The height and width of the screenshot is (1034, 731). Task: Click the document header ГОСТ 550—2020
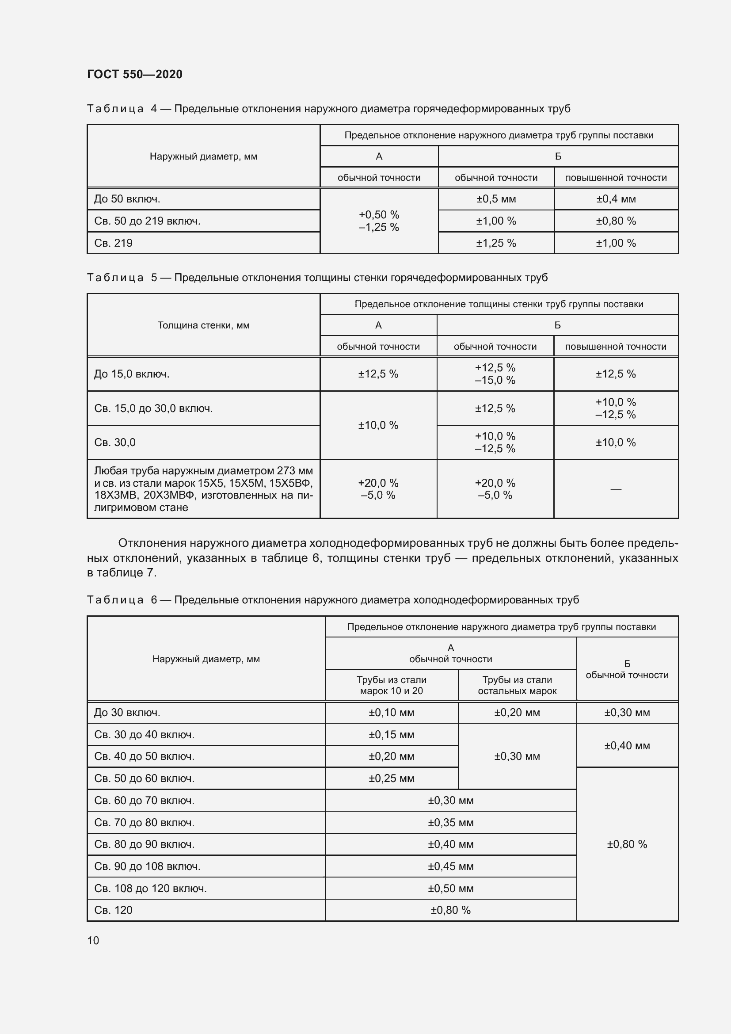(x=135, y=74)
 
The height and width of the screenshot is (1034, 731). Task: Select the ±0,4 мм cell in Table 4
(x=616, y=199)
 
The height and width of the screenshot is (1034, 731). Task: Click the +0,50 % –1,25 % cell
(x=379, y=221)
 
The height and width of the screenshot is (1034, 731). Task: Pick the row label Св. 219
(x=114, y=243)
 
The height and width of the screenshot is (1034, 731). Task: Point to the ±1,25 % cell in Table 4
(x=495, y=243)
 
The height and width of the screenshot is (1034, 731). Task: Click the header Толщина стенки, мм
(x=203, y=325)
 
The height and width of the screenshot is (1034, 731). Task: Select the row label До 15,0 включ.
(x=131, y=374)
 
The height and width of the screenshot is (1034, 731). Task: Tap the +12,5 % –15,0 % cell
(x=495, y=374)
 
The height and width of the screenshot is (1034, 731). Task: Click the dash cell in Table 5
(x=615, y=489)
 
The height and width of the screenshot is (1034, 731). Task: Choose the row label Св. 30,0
(x=115, y=442)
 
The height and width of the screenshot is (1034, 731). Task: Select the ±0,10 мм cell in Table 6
(x=391, y=713)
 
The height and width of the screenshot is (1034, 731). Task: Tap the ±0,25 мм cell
(x=391, y=778)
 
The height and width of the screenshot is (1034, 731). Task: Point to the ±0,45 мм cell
(x=450, y=866)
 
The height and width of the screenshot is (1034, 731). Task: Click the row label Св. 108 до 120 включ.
(x=150, y=888)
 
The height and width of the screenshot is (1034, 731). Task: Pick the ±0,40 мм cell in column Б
(x=627, y=745)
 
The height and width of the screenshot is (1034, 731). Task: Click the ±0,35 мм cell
(x=450, y=822)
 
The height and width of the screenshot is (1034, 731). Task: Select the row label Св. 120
(x=114, y=910)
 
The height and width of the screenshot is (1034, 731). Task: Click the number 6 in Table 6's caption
(x=154, y=600)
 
